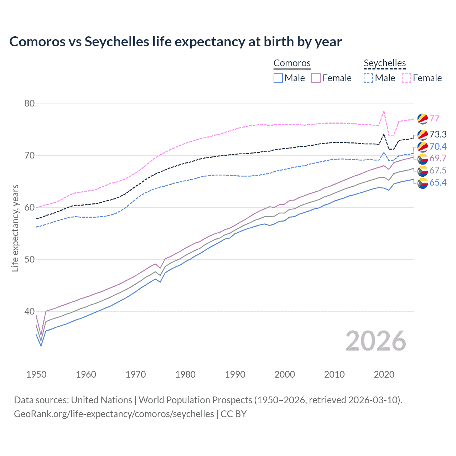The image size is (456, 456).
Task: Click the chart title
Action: pyautogui.click(x=175, y=42)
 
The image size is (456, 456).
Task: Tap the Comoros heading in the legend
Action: pyautogui.click(x=292, y=63)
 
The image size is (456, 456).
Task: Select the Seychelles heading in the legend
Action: pyautogui.click(x=384, y=63)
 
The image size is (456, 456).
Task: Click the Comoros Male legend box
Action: pyautogui.click(x=278, y=78)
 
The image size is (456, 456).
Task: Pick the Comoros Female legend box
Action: pyautogui.click(x=316, y=78)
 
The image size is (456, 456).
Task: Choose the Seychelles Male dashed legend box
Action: pyautogui.click(x=368, y=78)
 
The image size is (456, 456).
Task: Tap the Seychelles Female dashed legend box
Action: pyautogui.click(x=406, y=78)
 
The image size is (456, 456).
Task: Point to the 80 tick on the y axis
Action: pyautogui.click(x=29, y=104)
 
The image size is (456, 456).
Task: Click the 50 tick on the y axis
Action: pyautogui.click(x=29, y=259)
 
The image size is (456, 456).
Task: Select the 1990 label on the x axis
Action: pyautogui.click(x=235, y=374)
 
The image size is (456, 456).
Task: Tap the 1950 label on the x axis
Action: pyautogui.click(x=36, y=374)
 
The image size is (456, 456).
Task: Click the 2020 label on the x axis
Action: pyautogui.click(x=384, y=374)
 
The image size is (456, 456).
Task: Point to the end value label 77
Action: pyautogui.click(x=434, y=118)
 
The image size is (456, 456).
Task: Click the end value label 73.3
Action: pyautogui.click(x=438, y=134)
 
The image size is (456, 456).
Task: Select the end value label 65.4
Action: pyautogui.click(x=438, y=183)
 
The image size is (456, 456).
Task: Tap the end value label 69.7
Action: pyautogui.click(x=438, y=159)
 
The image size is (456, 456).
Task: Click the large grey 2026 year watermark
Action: pyautogui.click(x=375, y=341)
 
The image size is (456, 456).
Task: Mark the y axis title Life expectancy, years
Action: pyautogui.click(x=15, y=228)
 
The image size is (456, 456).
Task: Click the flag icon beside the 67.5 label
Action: pyautogui.click(x=423, y=171)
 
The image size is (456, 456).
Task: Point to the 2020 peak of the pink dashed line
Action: pyautogui.click(x=384, y=111)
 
